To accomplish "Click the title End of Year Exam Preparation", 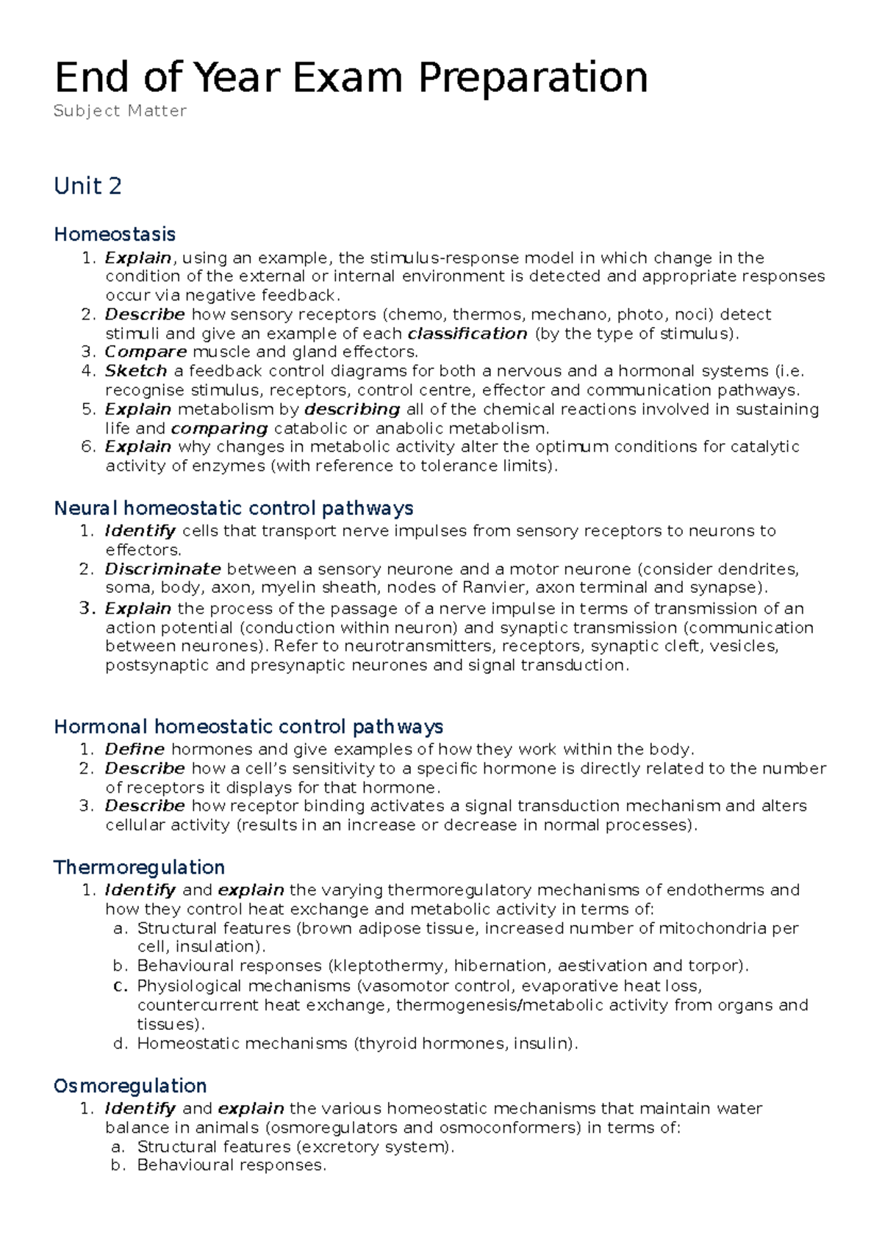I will pyautogui.click(x=351, y=77).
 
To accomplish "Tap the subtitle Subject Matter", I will pyautogui.click(x=121, y=111).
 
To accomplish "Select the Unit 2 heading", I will pyautogui.click(x=87, y=186).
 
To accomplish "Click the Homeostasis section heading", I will pyautogui.click(x=115, y=234).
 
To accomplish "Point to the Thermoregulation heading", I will pyautogui.click(x=139, y=867).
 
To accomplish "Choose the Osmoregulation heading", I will pyautogui.click(x=130, y=1086).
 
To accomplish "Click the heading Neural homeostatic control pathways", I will pyautogui.click(x=234, y=508).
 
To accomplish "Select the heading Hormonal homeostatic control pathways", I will pyautogui.click(x=248, y=727).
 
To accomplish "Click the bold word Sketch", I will pyautogui.click(x=136, y=371).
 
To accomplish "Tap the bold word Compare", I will pyautogui.click(x=146, y=352).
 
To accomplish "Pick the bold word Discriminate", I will pyautogui.click(x=162, y=569).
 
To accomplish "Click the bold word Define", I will pyautogui.click(x=135, y=749).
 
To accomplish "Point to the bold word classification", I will pyautogui.click(x=467, y=334).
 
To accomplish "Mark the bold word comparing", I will pyautogui.click(x=219, y=428).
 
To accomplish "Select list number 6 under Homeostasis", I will pyautogui.click(x=88, y=447).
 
